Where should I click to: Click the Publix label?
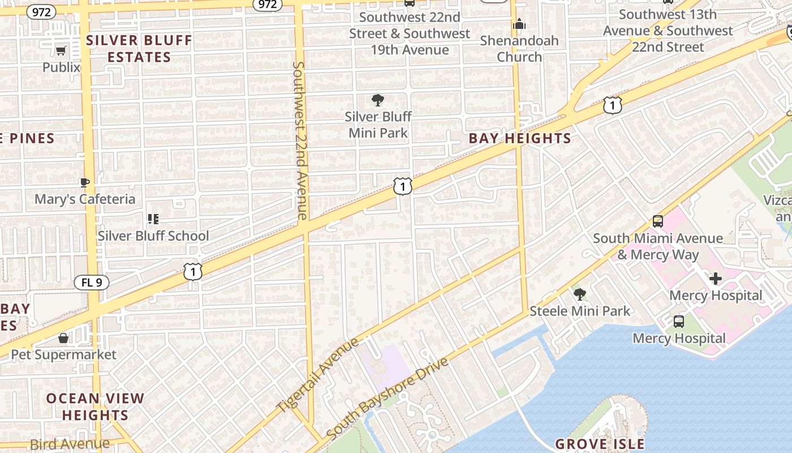point(61,67)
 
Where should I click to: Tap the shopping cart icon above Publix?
point(61,51)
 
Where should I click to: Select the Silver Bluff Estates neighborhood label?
point(139,49)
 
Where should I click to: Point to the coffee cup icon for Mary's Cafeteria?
point(85,182)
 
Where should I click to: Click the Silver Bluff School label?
point(153,236)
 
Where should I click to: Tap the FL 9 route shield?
point(92,282)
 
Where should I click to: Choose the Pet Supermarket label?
point(64,355)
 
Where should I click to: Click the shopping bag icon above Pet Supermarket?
point(63,338)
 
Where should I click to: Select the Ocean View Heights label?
point(95,407)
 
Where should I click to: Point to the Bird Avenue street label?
point(70,444)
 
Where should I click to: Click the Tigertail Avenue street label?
point(317,375)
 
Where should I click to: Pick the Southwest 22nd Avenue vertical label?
point(300,140)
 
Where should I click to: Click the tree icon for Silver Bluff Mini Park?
point(378,101)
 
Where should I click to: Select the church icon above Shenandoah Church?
point(519,24)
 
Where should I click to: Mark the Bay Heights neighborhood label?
point(520,139)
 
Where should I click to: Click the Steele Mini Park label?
point(580,311)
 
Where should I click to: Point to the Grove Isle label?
point(600,444)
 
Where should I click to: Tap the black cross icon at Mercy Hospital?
point(716,279)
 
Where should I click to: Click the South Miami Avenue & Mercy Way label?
point(658,246)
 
